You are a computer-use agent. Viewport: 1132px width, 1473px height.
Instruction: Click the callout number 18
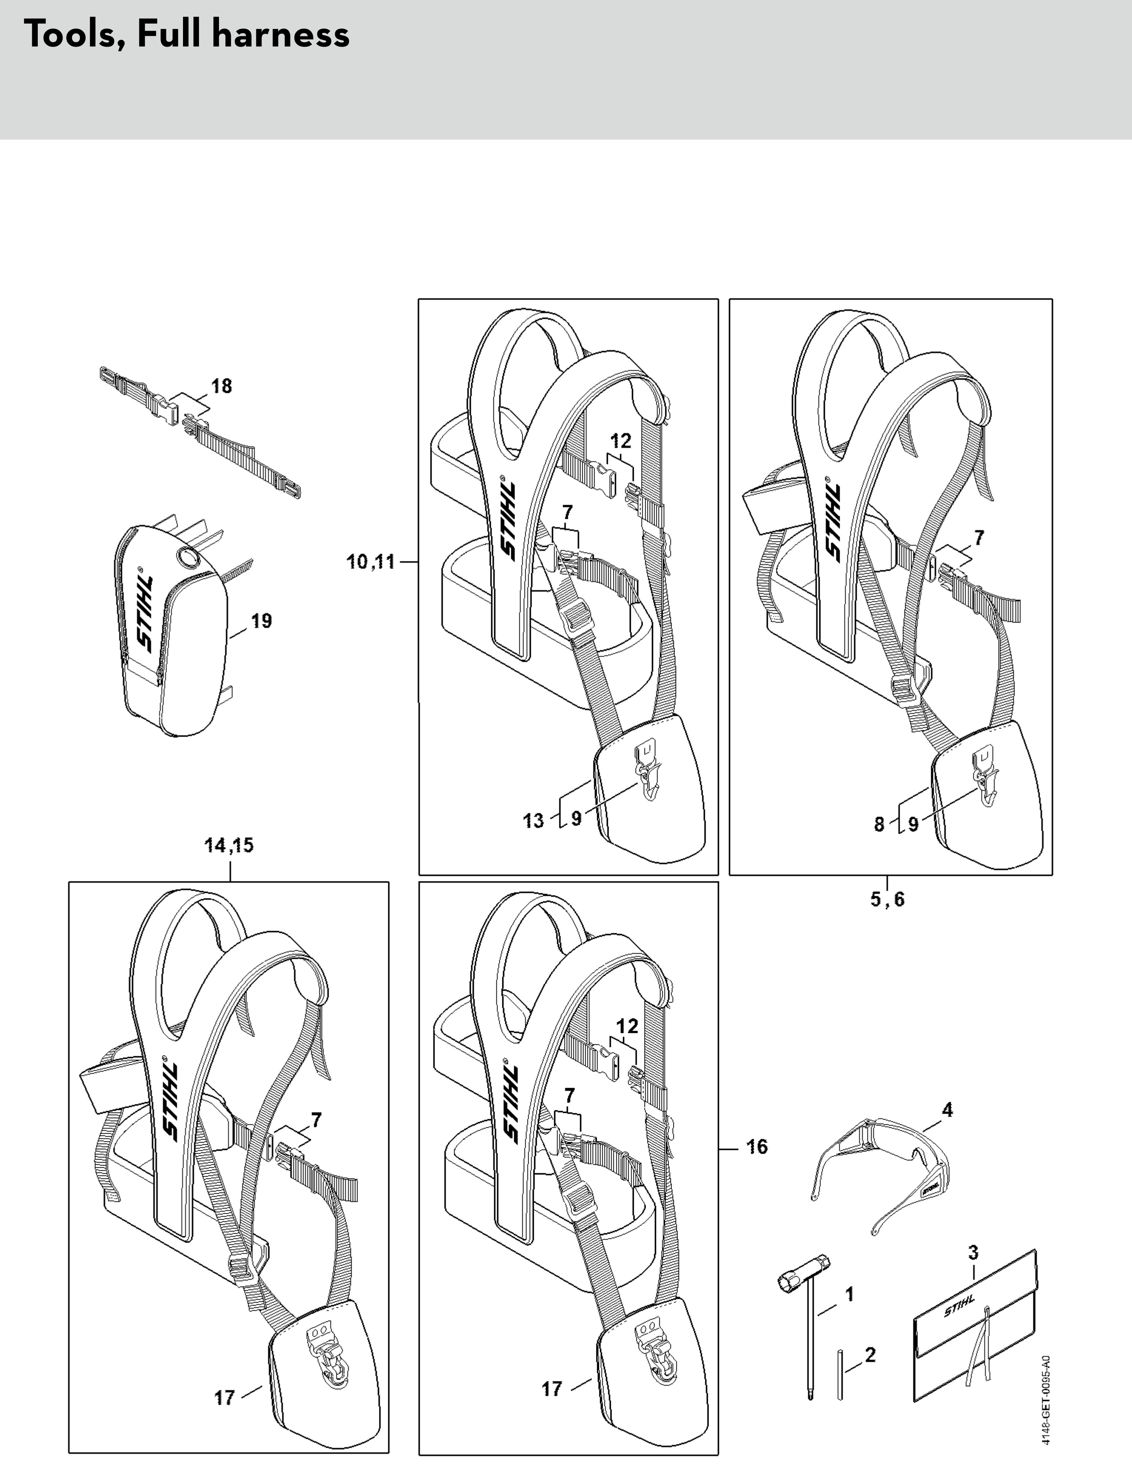click(221, 386)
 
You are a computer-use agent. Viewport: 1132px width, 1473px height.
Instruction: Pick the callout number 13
click(534, 821)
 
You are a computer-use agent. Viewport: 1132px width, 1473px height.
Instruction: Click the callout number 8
click(879, 824)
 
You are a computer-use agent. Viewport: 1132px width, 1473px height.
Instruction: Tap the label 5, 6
click(888, 899)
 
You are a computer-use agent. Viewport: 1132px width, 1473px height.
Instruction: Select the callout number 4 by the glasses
click(948, 1110)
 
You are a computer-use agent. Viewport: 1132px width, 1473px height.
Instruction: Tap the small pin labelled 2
click(840, 1374)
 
